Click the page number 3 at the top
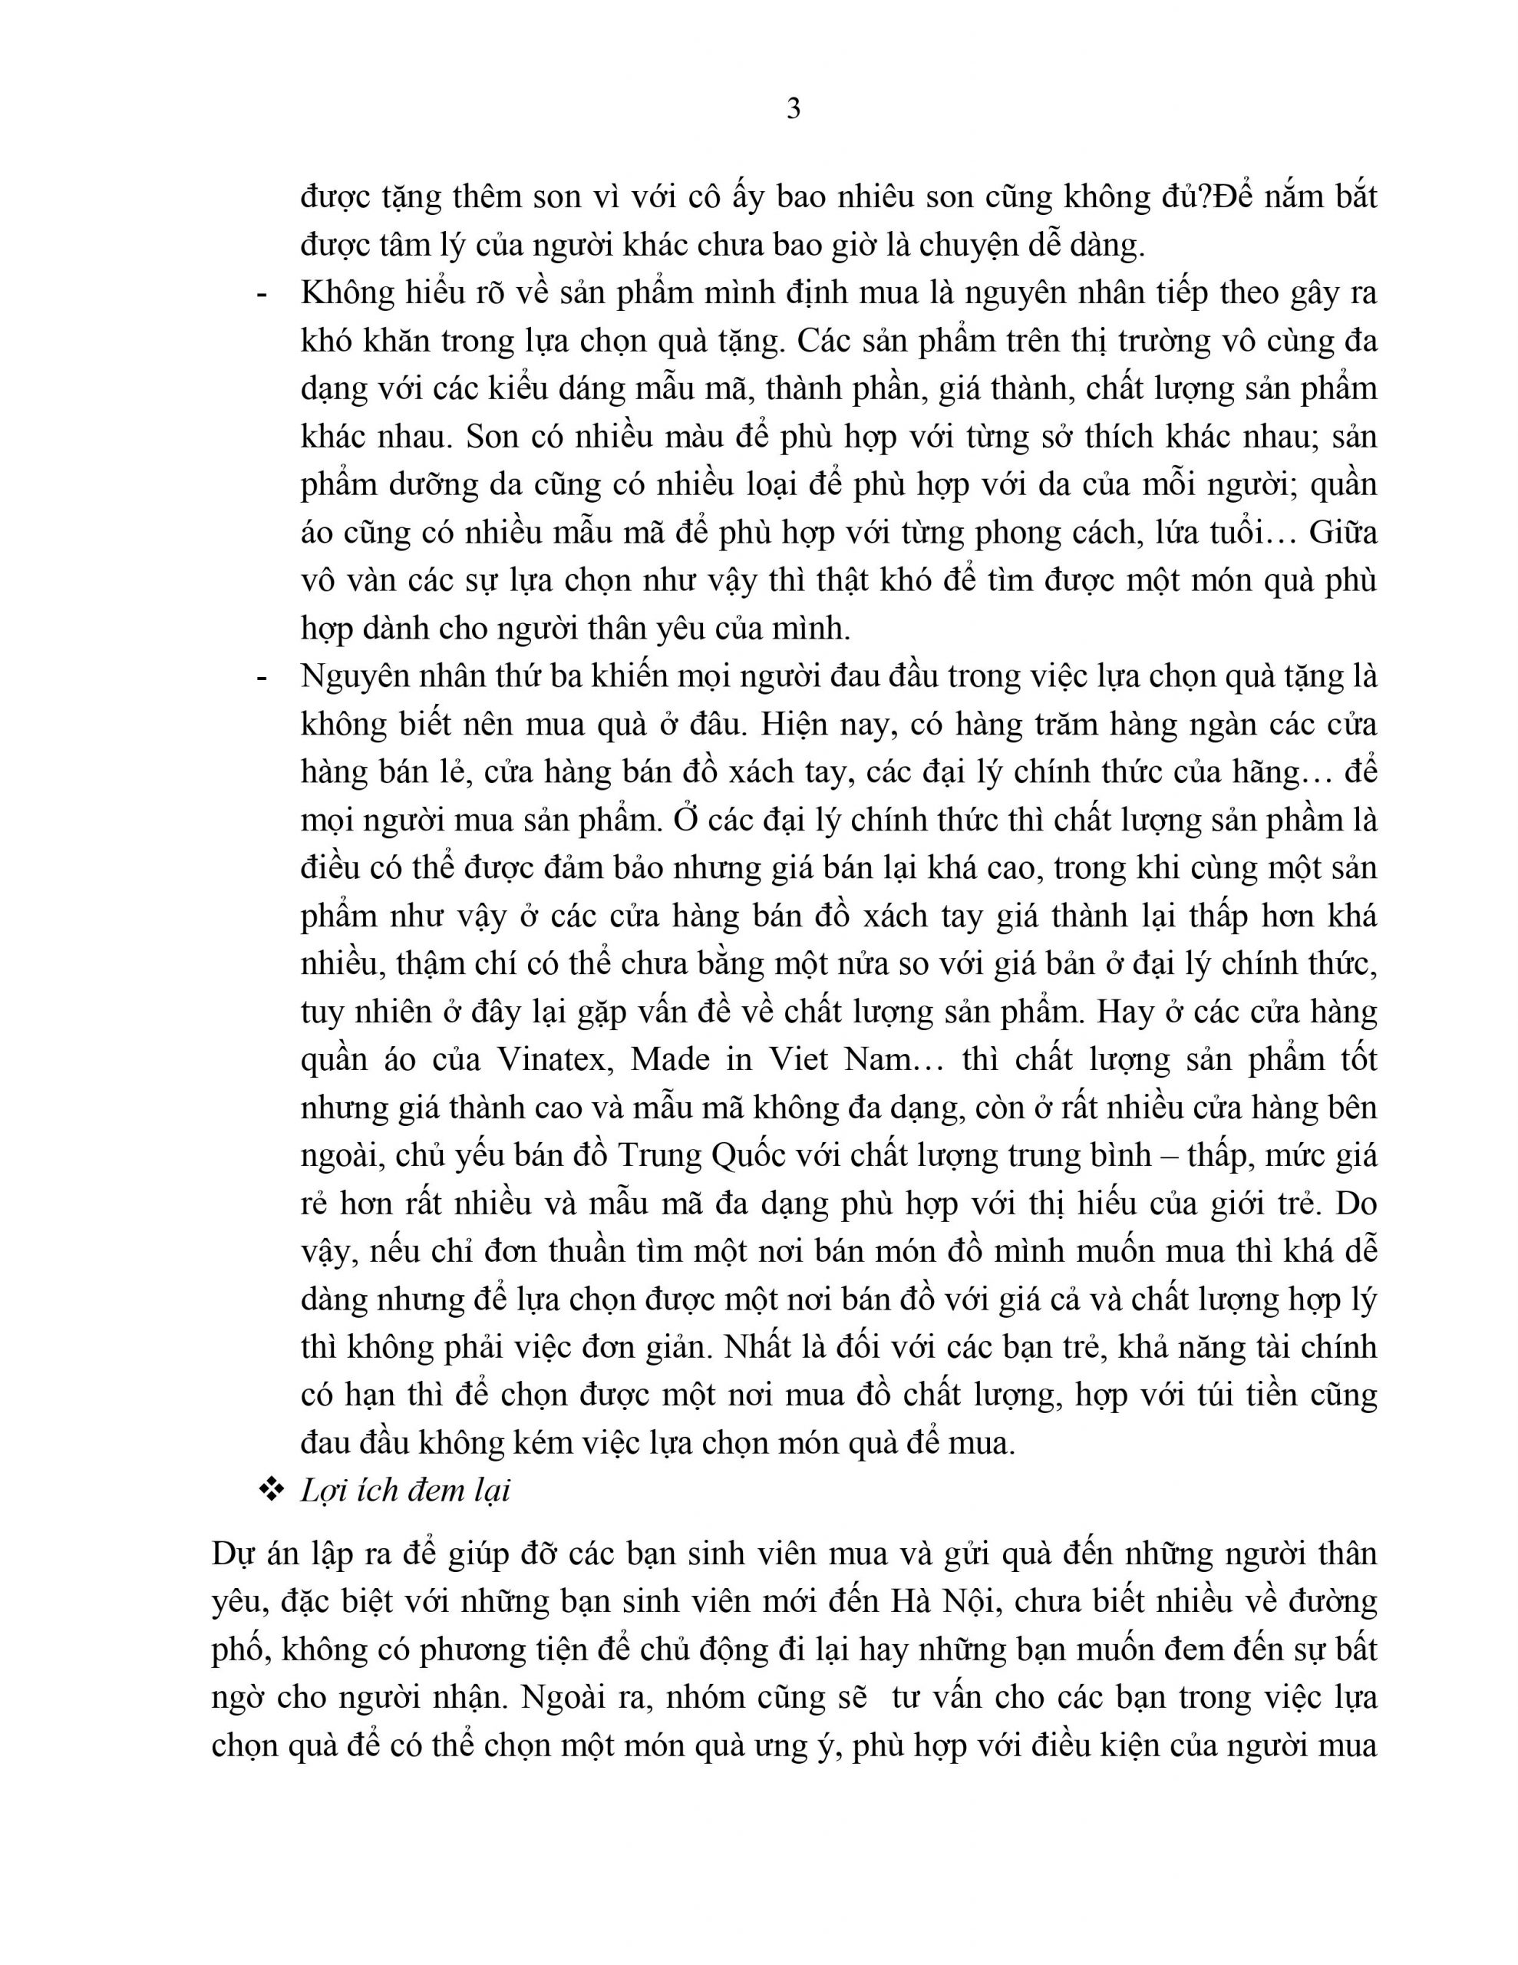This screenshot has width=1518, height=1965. click(x=793, y=109)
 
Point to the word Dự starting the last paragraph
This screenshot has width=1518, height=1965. click(x=233, y=1554)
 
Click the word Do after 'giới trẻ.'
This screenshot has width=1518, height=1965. click(x=1356, y=1204)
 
